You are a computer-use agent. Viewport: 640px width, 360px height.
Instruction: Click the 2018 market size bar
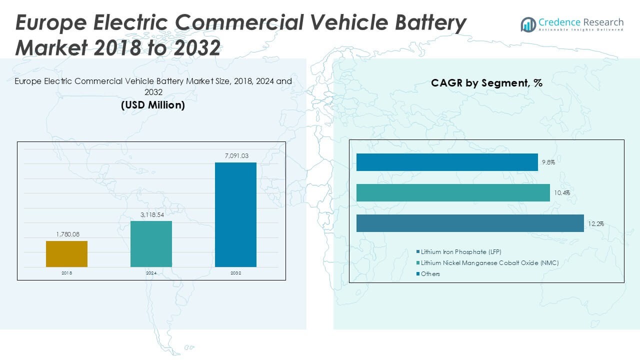[x=66, y=254]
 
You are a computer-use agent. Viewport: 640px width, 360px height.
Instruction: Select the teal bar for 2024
[x=151, y=244]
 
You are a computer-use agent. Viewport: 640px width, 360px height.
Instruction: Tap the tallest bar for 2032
[x=235, y=214]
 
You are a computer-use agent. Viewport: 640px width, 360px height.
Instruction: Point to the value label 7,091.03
[x=235, y=156]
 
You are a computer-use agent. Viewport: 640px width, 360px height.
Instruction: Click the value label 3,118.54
[x=151, y=214]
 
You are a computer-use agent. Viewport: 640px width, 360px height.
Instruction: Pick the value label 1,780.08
[x=66, y=234]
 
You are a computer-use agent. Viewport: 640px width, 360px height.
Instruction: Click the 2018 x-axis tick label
[x=66, y=273]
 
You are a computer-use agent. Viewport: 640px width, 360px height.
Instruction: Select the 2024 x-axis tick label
[x=151, y=273]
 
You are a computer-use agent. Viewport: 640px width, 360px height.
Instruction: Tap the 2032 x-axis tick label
[x=235, y=273]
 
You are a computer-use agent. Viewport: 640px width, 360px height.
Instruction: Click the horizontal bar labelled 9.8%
[x=447, y=162]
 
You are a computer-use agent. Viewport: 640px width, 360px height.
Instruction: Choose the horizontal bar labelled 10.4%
[x=453, y=192]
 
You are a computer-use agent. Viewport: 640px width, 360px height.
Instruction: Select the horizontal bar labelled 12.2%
[x=470, y=223]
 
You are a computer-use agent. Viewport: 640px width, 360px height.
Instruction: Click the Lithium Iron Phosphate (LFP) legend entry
[x=460, y=251]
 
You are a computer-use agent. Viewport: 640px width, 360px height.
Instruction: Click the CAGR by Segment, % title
[x=486, y=83]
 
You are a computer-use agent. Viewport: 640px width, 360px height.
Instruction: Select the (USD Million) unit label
[x=153, y=105]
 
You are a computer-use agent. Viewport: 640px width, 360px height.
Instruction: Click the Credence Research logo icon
[x=528, y=24]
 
